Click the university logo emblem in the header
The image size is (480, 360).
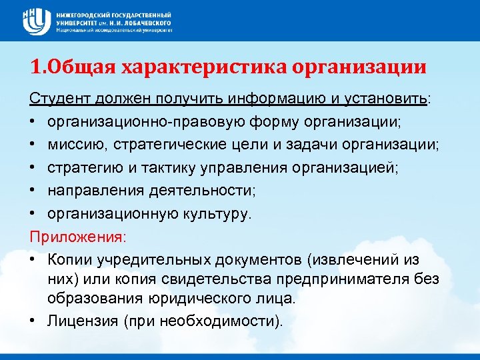[34, 21]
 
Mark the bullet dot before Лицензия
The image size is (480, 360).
[33, 320]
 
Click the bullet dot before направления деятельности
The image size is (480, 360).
[33, 191]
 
